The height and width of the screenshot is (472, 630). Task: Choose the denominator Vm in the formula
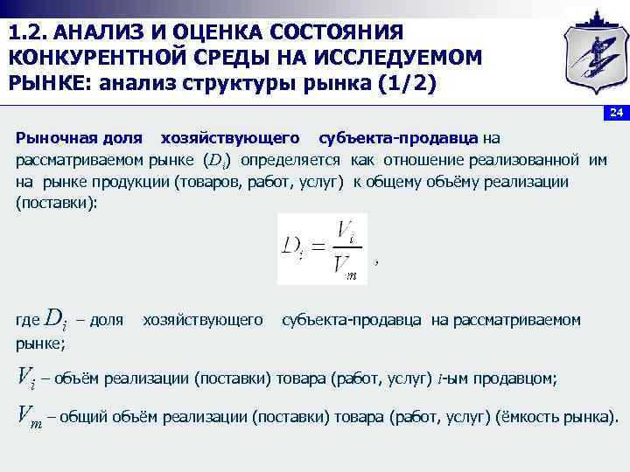point(348,267)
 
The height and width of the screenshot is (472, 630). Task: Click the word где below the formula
point(28,321)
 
